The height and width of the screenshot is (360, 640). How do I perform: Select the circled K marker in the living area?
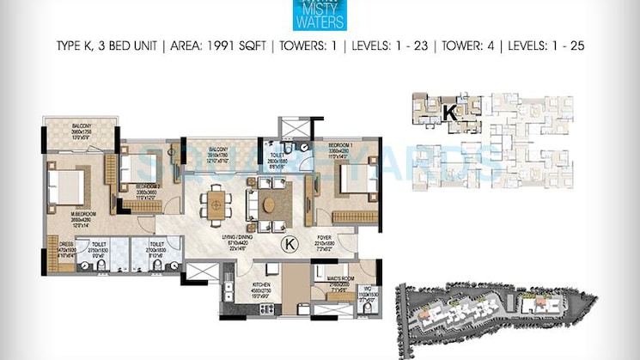coord(290,245)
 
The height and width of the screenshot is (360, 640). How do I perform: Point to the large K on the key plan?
coord(448,111)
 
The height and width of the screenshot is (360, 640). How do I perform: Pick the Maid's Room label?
coord(341,281)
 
